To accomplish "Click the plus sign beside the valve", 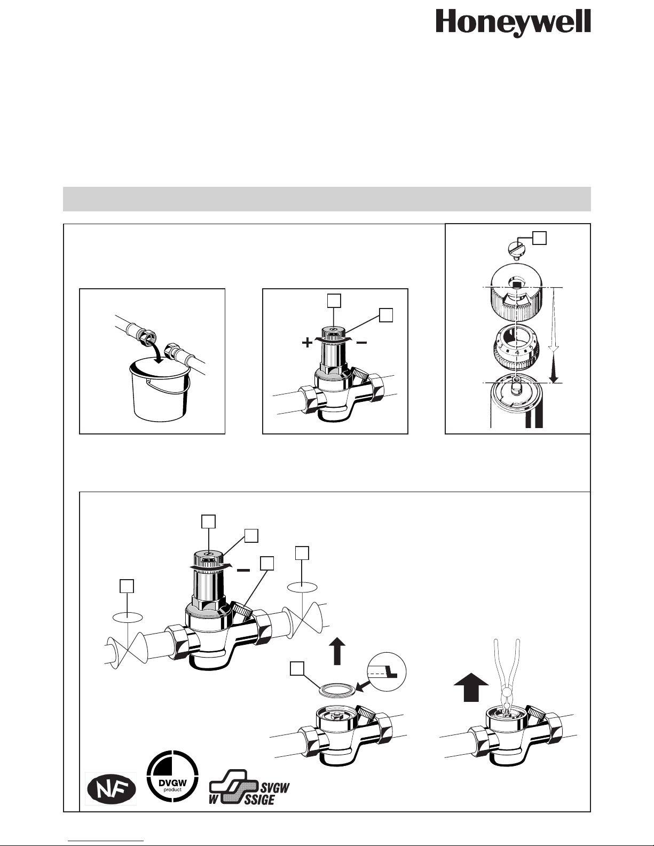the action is (307, 343).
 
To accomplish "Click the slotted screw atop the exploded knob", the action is (517, 248).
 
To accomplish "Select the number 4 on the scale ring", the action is (517, 352).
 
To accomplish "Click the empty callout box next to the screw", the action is (539, 238).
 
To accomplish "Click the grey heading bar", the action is (327, 199).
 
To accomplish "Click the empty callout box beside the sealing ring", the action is (297, 669).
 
